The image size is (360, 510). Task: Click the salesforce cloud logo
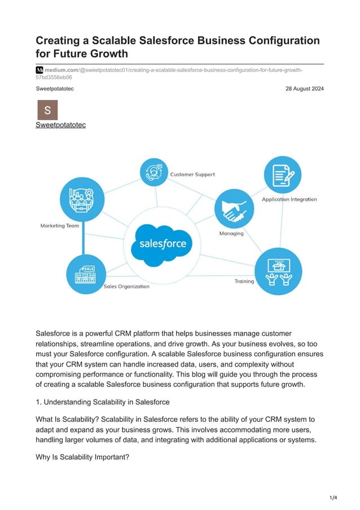click(x=162, y=245)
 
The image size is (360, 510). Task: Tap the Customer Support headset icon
click(x=153, y=172)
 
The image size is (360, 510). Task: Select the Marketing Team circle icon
click(x=81, y=198)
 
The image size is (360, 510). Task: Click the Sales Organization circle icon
click(x=85, y=273)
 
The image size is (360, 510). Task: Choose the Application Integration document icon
click(x=282, y=175)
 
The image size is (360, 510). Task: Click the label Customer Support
click(x=192, y=175)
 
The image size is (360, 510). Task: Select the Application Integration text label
click(x=289, y=199)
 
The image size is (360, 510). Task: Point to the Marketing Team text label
click(x=60, y=226)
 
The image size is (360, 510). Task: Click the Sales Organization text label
click(x=126, y=286)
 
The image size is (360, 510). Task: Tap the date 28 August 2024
click(x=305, y=89)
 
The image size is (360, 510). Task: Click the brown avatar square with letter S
click(x=47, y=110)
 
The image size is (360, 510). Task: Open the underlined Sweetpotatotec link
click(x=60, y=125)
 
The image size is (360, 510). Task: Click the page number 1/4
click(x=333, y=498)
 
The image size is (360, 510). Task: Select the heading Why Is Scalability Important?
click(x=82, y=457)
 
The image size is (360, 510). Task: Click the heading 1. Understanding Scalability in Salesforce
click(x=103, y=402)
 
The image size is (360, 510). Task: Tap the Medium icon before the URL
click(x=39, y=69)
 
